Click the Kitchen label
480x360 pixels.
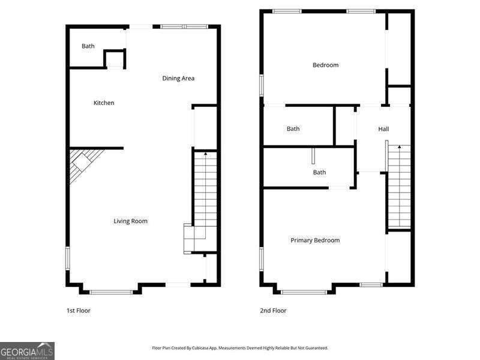pos(104,103)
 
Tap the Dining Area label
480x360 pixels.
pos(178,79)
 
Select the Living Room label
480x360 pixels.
pos(130,221)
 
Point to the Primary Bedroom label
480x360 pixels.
pos(315,241)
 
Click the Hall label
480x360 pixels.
pos(383,129)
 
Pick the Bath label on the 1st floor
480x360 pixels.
pos(88,46)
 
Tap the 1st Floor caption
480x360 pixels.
pos(78,311)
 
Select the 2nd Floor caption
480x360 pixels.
pos(273,311)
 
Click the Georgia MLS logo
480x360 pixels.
pos(27,350)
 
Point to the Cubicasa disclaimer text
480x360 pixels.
pos(240,348)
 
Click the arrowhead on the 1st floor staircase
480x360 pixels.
pos(206,155)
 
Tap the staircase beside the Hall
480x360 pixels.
pos(399,186)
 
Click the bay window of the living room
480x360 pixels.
pos(111,292)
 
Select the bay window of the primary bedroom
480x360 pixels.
pos(304,292)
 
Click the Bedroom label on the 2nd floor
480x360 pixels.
pos(325,65)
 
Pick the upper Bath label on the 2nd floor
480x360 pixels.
pos(293,129)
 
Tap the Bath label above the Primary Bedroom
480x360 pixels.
pos(319,173)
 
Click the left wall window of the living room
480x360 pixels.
pos(68,258)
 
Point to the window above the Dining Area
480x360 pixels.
pos(184,26)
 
